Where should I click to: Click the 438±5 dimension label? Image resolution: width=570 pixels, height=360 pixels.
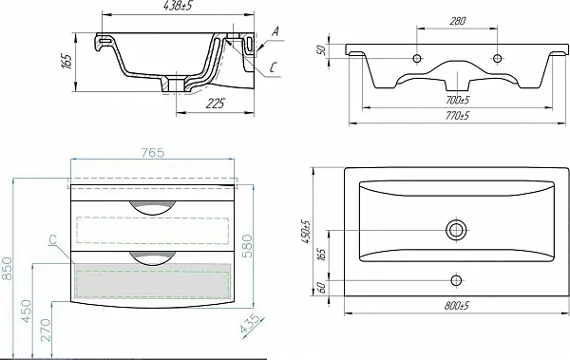click(x=177, y=7)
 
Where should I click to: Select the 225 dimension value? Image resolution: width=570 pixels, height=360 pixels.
click(x=216, y=104)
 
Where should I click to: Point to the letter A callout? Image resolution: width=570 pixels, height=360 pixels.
click(x=275, y=32)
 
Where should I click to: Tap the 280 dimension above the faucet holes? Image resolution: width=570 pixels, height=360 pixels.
click(x=457, y=21)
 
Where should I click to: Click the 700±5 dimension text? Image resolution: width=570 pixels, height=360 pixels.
click(x=457, y=100)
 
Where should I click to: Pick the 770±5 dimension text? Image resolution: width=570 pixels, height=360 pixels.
click(x=457, y=116)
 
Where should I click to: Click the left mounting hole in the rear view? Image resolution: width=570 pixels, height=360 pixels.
click(x=417, y=58)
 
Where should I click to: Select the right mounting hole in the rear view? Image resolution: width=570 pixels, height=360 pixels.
click(x=497, y=58)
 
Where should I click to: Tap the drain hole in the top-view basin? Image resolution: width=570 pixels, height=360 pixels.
click(x=456, y=230)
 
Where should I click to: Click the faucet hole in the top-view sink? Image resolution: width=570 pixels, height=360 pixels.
click(x=456, y=280)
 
